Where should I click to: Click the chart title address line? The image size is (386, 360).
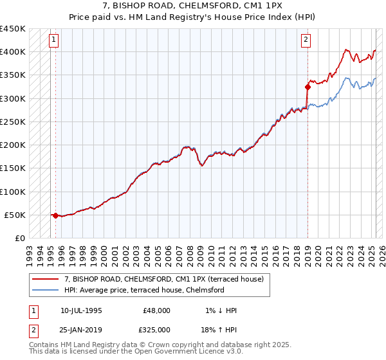click(193, 6)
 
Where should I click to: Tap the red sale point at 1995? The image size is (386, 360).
click(55, 216)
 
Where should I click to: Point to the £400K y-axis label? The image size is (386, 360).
click(12, 52)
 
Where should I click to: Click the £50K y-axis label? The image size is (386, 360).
click(15, 215)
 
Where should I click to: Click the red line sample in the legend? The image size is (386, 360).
click(46, 280)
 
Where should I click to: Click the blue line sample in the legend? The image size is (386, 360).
click(46, 291)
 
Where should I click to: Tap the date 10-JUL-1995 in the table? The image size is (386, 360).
click(81, 310)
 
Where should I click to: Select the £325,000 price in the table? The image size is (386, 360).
click(154, 330)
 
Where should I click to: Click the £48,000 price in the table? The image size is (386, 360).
click(156, 310)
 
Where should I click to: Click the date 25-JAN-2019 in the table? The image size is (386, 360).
click(81, 330)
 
